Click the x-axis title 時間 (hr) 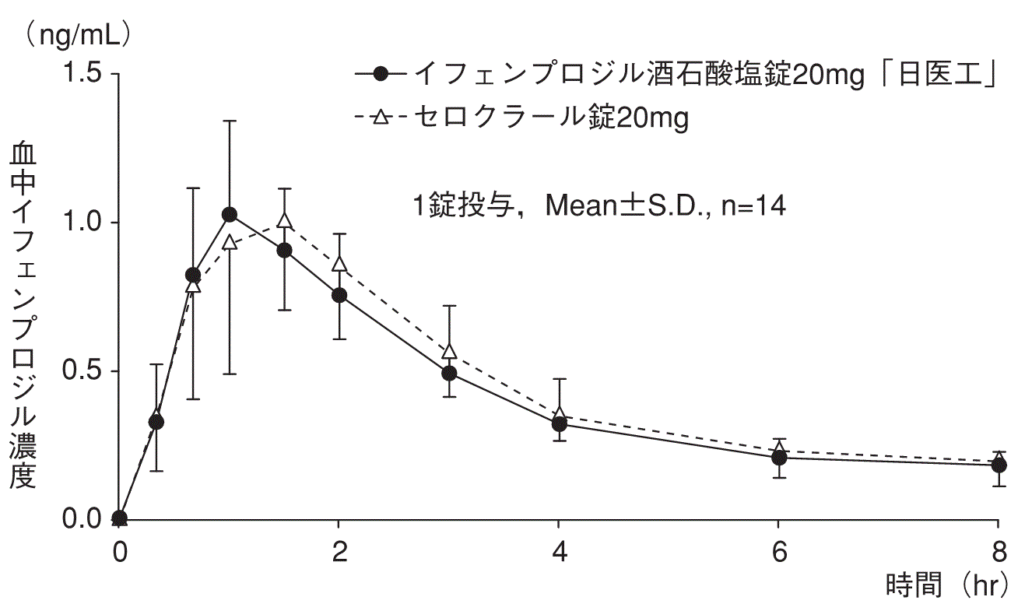click(x=946, y=585)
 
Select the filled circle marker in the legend click(x=381, y=74)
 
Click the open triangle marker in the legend click(x=381, y=118)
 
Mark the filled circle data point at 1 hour click(x=229, y=214)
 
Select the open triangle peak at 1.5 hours click(x=284, y=221)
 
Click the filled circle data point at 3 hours click(x=449, y=373)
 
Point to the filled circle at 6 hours click(x=778, y=458)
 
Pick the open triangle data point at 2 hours click(x=339, y=265)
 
